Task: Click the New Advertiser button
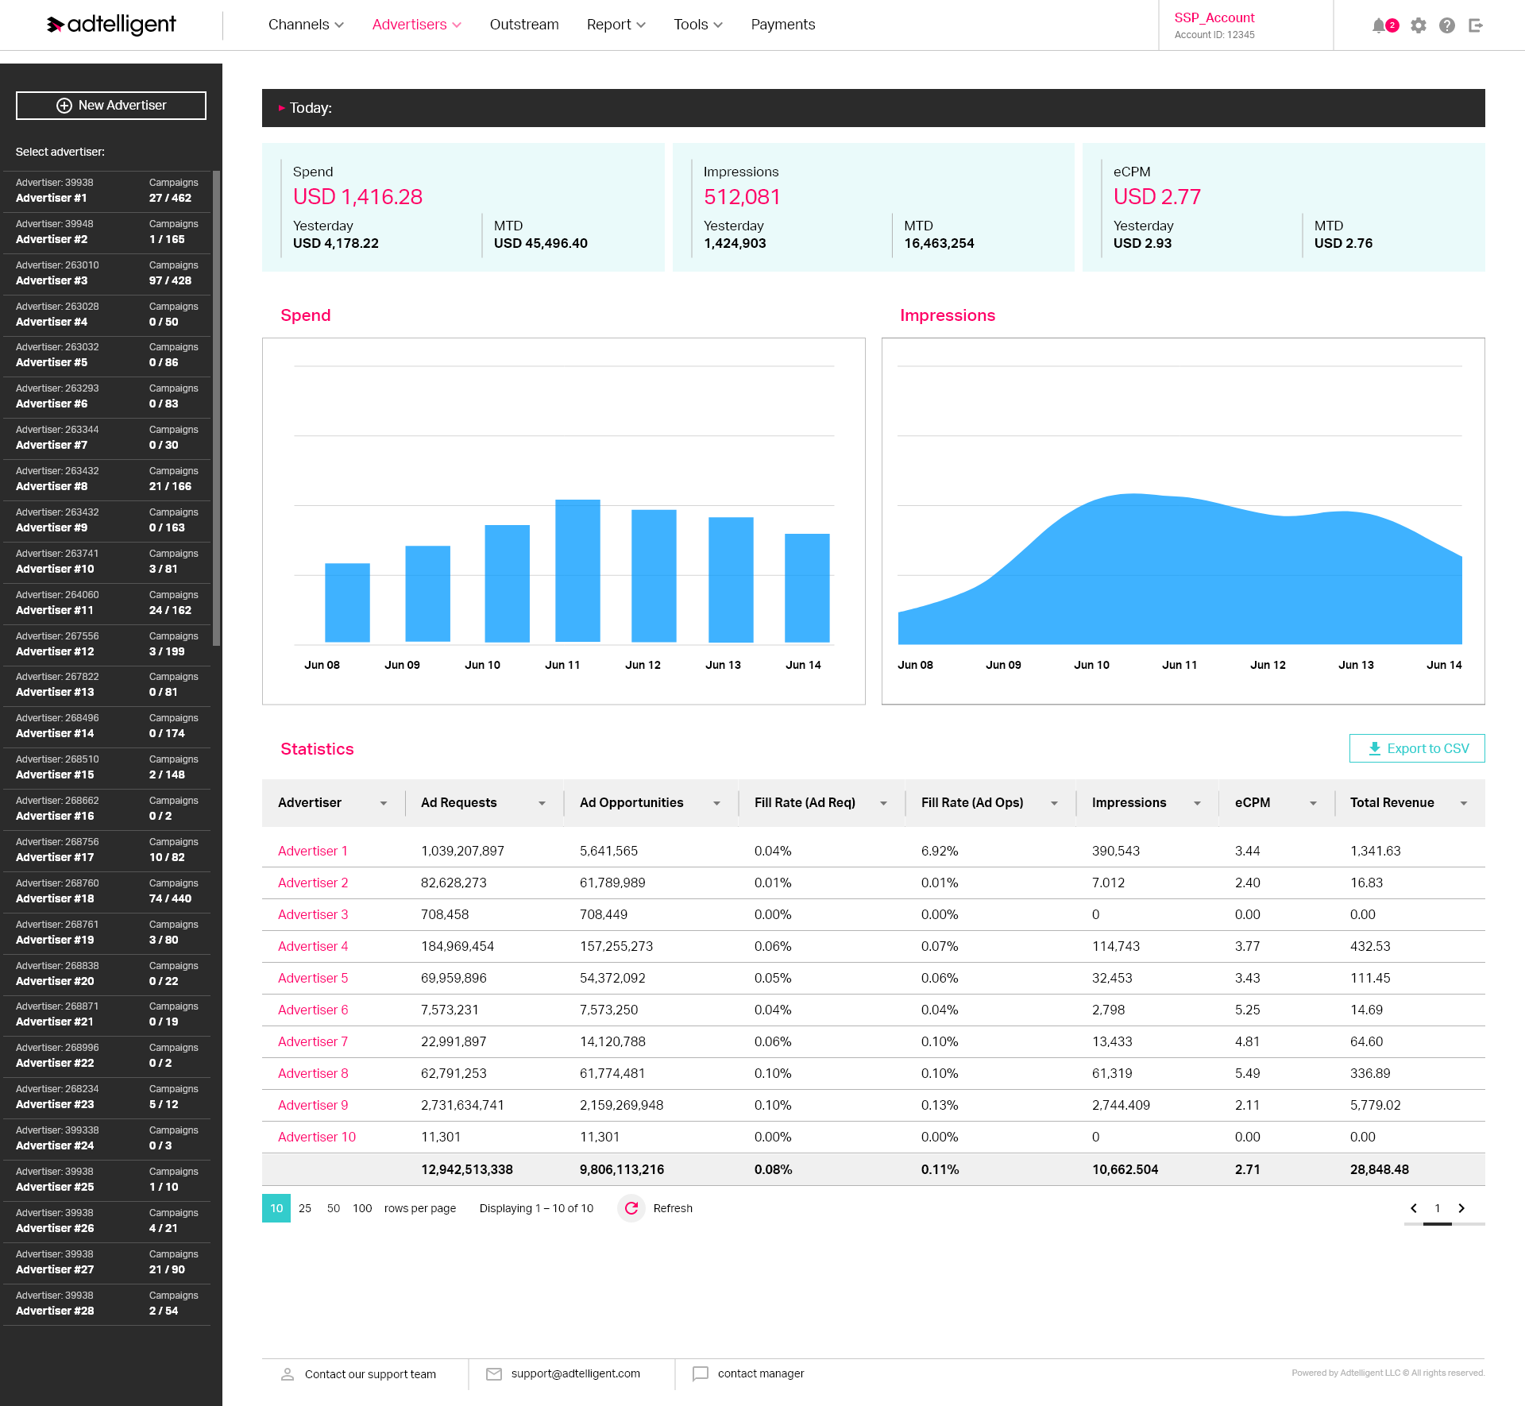point(111,106)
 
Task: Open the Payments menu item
point(782,25)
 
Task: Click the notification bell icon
point(1379,25)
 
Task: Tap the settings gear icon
point(1419,25)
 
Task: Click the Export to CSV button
point(1417,748)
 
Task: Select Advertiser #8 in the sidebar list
point(107,479)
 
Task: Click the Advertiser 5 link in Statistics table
point(313,978)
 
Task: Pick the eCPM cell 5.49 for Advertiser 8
point(1247,1073)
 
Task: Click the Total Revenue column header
point(1392,802)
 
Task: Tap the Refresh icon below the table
point(631,1208)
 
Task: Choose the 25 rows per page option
point(305,1208)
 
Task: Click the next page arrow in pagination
point(1461,1208)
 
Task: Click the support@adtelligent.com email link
point(575,1373)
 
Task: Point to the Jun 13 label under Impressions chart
point(1356,665)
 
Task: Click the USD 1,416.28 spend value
point(357,196)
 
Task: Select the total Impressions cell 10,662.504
point(1125,1169)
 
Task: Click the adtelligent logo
point(111,25)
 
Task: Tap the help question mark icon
point(1447,25)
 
